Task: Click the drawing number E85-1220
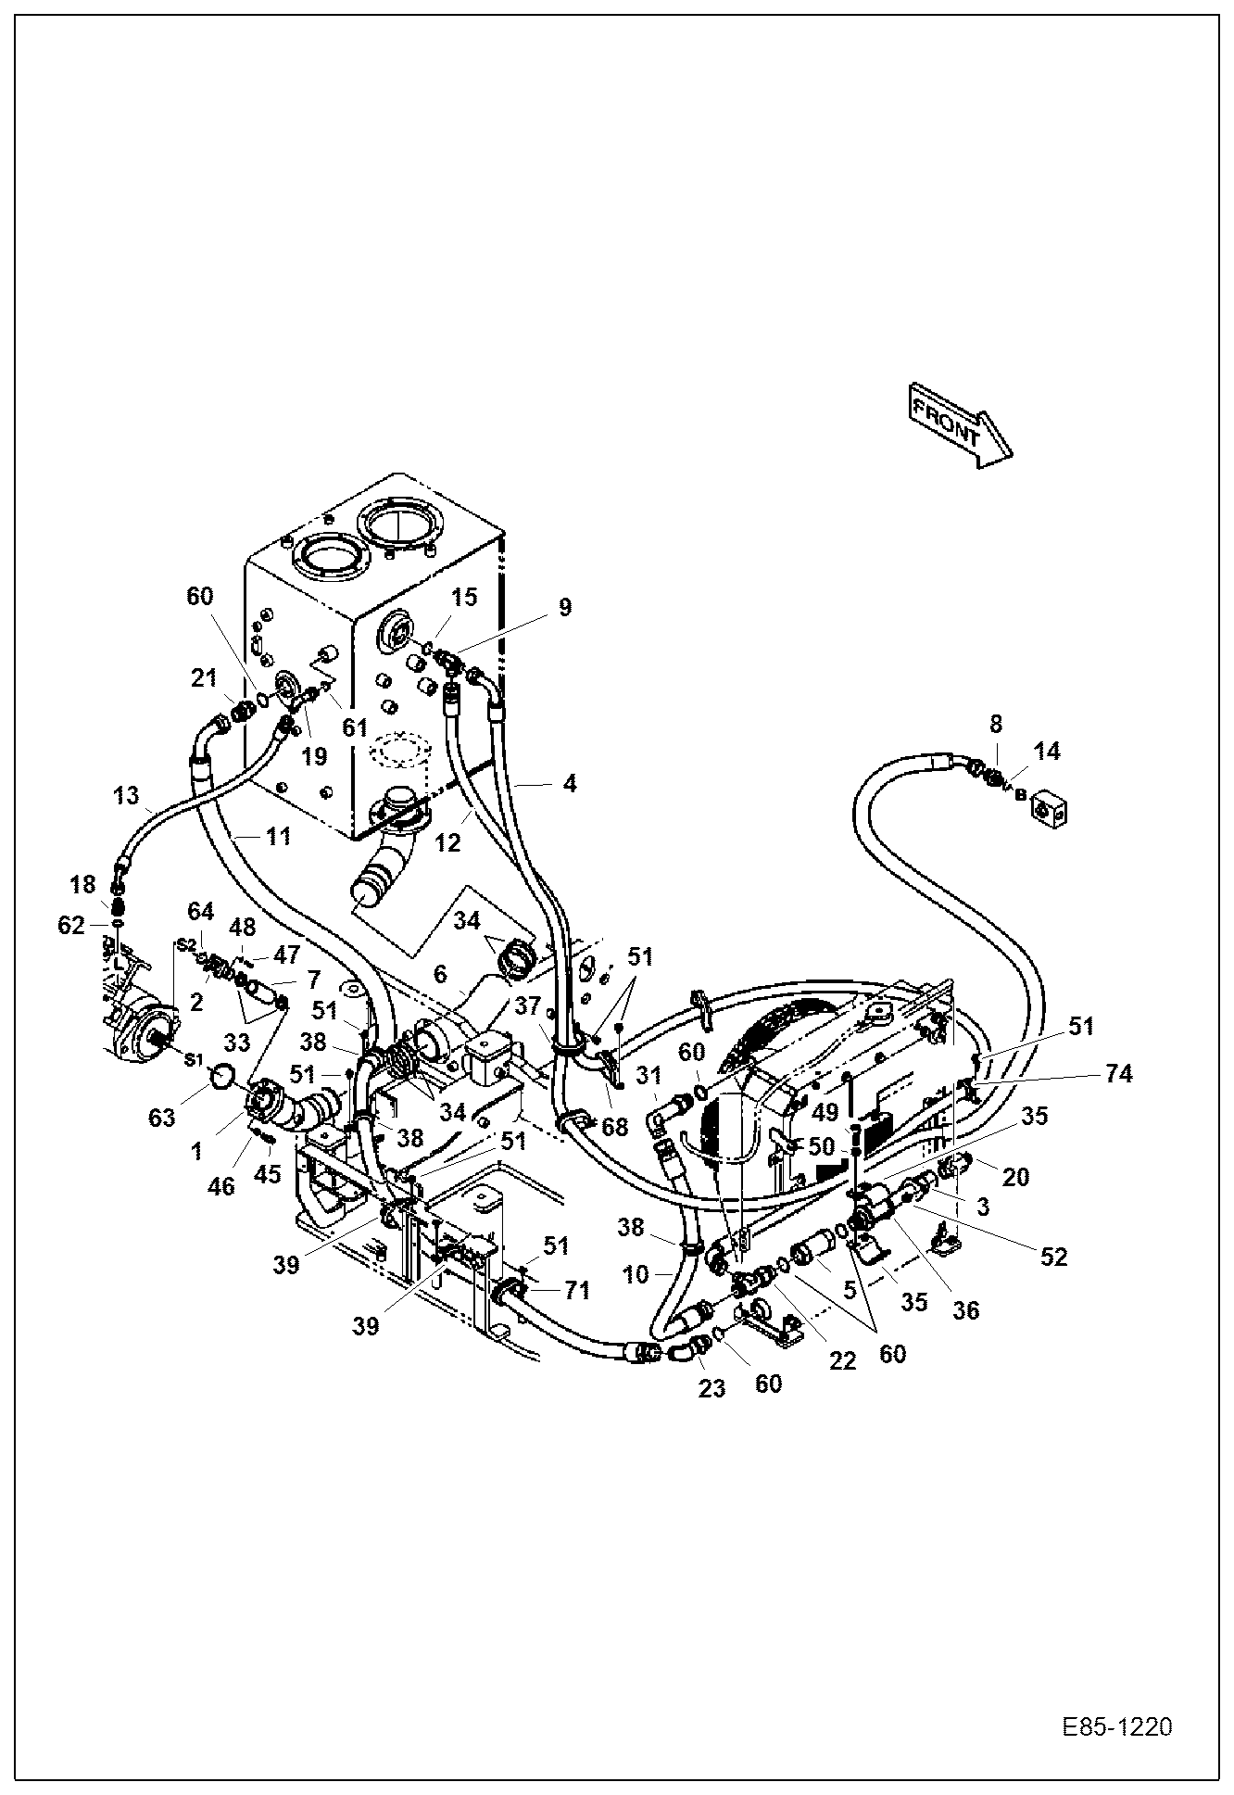coord(1117,1727)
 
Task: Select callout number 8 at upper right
coord(995,724)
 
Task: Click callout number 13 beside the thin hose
coord(126,794)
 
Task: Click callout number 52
coord(1053,1257)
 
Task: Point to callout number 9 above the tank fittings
coord(564,607)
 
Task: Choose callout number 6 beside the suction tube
coord(440,974)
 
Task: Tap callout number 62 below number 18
coord(70,925)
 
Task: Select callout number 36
coord(965,1310)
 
